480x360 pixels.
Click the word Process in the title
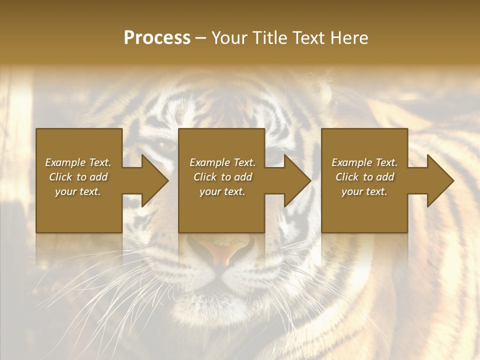click(157, 38)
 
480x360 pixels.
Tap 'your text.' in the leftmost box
click(78, 191)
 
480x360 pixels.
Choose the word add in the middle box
click(243, 177)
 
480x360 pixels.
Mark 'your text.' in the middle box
click(222, 191)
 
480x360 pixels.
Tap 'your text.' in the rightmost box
click(364, 191)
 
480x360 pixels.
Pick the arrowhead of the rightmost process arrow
click(440, 180)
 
